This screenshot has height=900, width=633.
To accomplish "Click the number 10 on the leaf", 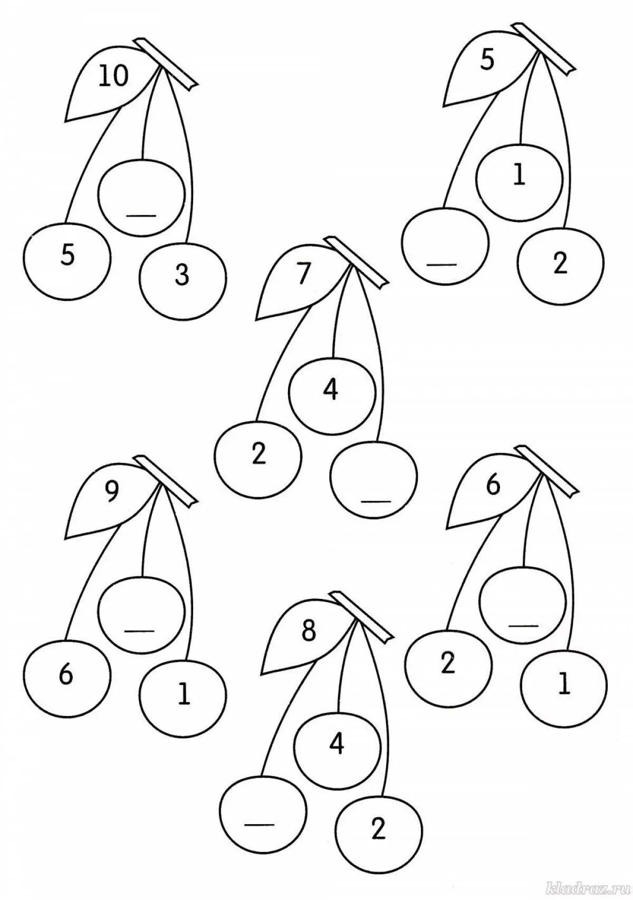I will pos(112,77).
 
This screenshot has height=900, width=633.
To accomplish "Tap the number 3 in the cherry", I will pos(182,276).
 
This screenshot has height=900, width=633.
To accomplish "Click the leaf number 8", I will pos(309,631).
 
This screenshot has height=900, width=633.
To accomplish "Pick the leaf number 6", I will pos(493,486).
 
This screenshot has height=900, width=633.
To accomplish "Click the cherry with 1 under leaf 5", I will pos(519,178).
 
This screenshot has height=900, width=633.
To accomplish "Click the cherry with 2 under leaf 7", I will pos(258,454).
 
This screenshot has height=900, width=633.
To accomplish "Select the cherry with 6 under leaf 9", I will pos(66,676).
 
